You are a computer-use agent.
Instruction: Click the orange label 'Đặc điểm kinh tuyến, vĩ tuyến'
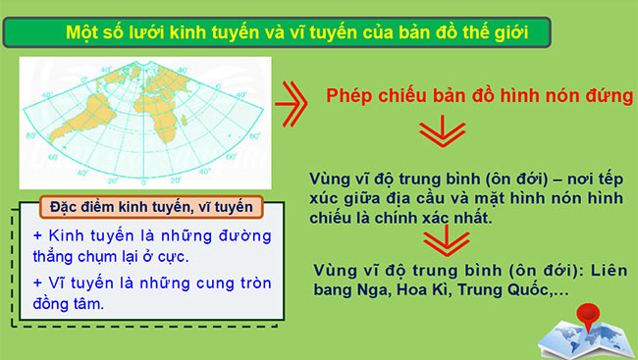(x=144, y=208)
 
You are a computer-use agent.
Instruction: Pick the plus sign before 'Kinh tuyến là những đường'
(x=38, y=237)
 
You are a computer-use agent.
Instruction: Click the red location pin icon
(x=590, y=316)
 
